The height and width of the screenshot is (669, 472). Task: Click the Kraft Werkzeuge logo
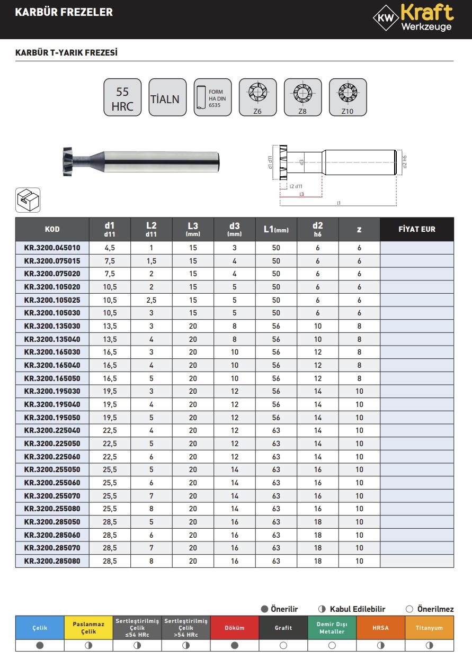[x=413, y=18]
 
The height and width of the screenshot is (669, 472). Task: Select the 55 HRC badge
[x=122, y=98]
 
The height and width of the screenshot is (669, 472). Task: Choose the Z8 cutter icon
[x=302, y=97]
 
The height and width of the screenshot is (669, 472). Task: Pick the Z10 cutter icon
[x=348, y=97]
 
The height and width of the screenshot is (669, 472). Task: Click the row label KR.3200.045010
[x=52, y=248]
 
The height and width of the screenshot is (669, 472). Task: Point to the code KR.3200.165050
[x=52, y=378]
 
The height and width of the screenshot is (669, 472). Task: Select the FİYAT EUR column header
[x=416, y=229]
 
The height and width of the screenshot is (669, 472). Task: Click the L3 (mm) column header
[x=193, y=229]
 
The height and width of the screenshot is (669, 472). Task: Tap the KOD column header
[x=52, y=229]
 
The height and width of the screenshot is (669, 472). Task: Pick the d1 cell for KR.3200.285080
[x=110, y=561]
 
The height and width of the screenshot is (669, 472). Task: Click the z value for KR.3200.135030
[x=359, y=326]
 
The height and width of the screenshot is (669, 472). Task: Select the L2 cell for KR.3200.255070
[x=151, y=496]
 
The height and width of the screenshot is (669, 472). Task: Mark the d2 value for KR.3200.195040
[x=318, y=404]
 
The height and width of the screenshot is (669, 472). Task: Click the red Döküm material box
[x=235, y=628]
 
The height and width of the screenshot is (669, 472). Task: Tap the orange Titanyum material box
[x=429, y=628]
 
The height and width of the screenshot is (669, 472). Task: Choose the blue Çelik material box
[x=40, y=628]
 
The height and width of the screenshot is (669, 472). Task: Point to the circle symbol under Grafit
[x=283, y=646]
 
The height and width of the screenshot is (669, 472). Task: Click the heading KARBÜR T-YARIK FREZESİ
[x=66, y=53]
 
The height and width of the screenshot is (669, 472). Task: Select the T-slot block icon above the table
[x=28, y=200]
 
